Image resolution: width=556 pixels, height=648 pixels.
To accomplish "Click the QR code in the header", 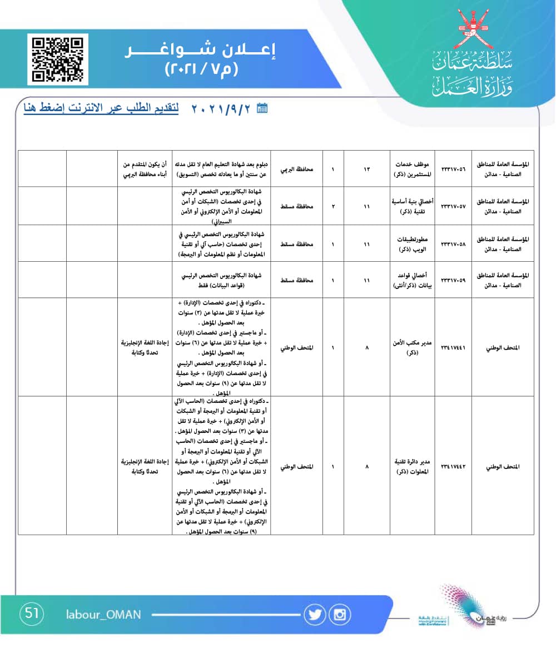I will (57, 59).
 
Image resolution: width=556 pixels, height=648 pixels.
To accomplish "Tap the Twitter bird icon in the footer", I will (315, 615).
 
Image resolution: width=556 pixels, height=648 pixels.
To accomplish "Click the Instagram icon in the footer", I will (340, 615).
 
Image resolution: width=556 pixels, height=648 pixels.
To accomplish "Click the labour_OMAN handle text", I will (103, 615).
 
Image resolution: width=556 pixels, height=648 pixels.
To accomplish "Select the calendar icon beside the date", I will (262, 108).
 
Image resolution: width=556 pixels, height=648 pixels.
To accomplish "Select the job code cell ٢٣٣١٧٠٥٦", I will (453, 168).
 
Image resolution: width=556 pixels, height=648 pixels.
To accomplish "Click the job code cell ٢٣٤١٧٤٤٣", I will (453, 466).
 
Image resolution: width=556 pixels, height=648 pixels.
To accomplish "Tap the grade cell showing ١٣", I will (366, 168).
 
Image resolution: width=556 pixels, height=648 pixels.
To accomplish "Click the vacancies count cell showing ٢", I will (332, 206).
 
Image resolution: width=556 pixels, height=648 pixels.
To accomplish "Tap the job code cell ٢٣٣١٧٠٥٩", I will (453, 280).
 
